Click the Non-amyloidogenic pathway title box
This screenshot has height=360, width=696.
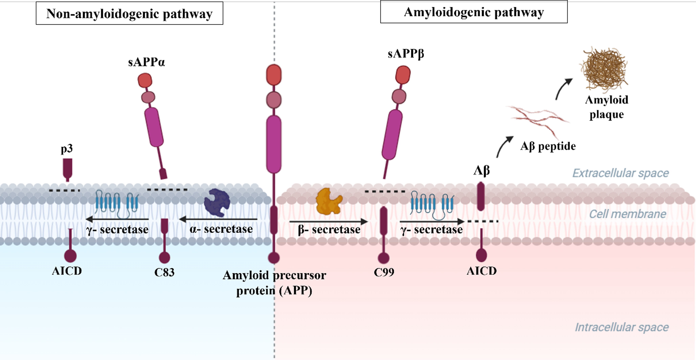click(129, 13)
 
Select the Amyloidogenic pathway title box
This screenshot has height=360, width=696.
click(474, 12)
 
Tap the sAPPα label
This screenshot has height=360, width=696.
click(146, 62)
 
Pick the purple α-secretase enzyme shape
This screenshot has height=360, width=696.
click(217, 203)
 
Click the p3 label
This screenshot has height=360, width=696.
click(67, 148)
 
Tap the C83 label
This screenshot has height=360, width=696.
click(164, 272)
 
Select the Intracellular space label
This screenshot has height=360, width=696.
click(621, 327)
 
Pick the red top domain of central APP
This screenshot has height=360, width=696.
click(274, 75)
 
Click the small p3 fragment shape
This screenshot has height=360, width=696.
click(68, 169)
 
